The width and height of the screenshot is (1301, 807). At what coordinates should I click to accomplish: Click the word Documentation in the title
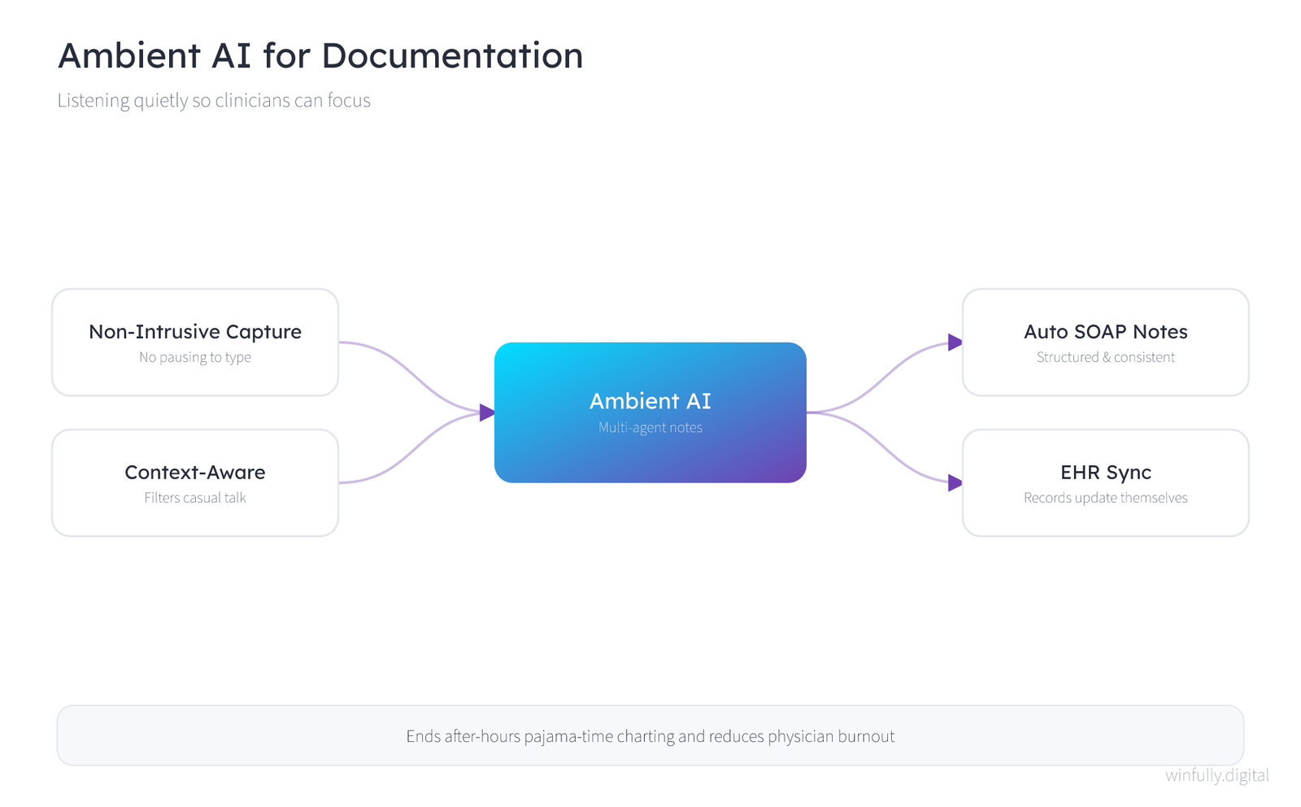[452, 56]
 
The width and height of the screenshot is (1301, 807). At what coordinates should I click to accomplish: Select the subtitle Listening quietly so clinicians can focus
[214, 101]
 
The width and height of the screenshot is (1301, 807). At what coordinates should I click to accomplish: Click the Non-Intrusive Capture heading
[195, 332]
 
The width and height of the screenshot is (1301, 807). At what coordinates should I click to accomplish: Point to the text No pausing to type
[195, 357]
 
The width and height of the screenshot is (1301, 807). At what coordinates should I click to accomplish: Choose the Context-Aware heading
[195, 473]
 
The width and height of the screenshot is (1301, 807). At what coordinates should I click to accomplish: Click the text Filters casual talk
[195, 498]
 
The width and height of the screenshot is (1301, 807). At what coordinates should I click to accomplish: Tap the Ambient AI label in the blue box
[650, 401]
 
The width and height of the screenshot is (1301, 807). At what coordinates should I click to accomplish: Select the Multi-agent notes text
[650, 428]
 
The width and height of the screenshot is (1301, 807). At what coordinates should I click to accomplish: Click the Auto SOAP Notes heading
[1105, 332]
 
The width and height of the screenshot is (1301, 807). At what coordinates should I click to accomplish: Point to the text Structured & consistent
[1105, 357]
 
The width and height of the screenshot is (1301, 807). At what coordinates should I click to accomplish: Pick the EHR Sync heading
[1105, 473]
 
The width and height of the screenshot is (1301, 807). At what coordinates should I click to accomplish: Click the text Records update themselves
[1105, 498]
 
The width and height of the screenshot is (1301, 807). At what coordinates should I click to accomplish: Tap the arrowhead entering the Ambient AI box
[487, 412]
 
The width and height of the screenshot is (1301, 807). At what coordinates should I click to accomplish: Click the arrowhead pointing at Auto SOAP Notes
[955, 342]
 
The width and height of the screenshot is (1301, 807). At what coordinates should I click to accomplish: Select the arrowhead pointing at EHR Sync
[955, 482]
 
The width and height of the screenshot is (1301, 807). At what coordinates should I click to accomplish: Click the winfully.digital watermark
[1216, 775]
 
